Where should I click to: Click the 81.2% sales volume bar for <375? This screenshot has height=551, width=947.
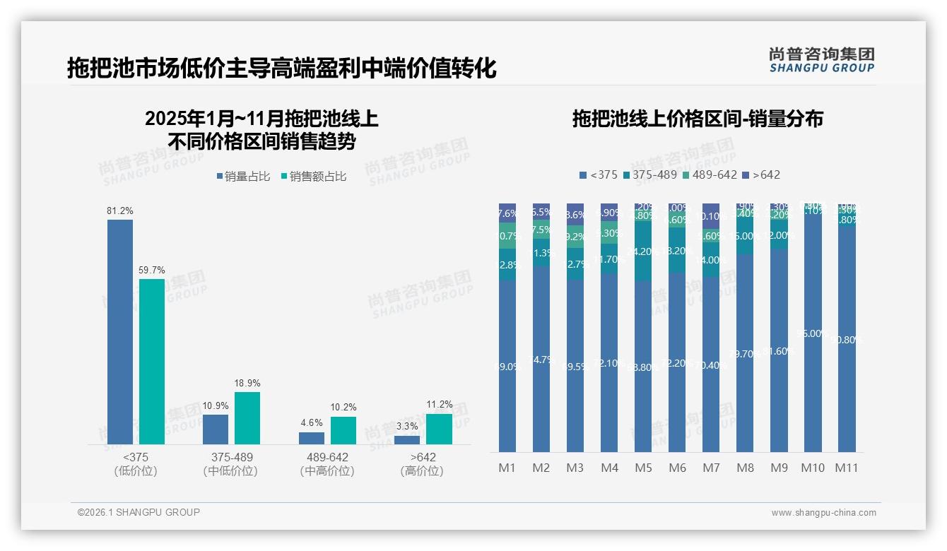click(x=120, y=331)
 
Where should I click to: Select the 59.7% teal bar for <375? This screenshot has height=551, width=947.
click(x=152, y=361)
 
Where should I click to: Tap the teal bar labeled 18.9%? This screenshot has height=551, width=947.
click(x=247, y=417)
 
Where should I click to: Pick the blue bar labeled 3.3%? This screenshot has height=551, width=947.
click(x=406, y=439)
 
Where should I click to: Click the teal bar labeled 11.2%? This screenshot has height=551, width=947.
click(x=439, y=429)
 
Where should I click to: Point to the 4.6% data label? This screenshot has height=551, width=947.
click(x=311, y=422)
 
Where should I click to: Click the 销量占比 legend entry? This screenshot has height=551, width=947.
click(x=243, y=177)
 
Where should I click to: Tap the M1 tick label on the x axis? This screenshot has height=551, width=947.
click(x=507, y=468)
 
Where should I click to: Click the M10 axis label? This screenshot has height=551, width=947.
click(x=813, y=468)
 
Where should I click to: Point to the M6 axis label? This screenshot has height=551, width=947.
click(x=677, y=468)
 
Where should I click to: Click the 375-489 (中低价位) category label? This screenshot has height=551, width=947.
click(x=232, y=464)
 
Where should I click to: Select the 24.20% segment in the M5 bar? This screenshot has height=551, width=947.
click(x=643, y=251)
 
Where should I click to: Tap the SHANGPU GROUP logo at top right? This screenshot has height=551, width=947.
click(x=821, y=60)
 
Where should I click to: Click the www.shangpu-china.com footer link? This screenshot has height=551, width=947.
click(x=823, y=513)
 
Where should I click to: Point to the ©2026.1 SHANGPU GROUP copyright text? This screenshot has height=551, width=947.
click(x=139, y=512)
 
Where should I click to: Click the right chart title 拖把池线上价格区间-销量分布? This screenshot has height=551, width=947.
click(x=697, y=119)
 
